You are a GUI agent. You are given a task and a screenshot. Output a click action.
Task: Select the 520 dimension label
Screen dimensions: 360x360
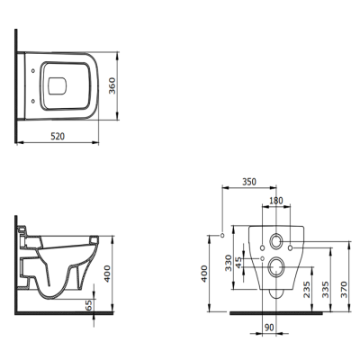[x=58, y=137]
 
